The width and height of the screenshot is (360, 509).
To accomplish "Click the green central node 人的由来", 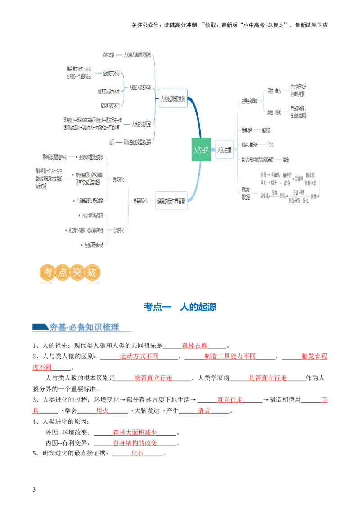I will (x=201, y=150).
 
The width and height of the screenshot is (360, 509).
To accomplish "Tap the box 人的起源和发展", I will (x=173, y=98).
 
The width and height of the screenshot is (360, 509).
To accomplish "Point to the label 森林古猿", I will (x=108, y=55).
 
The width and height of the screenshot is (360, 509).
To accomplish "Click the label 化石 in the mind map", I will (x=111, y=142).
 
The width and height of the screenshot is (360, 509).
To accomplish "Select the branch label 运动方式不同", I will (x=111, y=73).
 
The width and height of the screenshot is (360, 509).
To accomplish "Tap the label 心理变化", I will (x=119, y=230).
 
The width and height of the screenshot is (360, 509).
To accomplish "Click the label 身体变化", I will (x=119, y=179).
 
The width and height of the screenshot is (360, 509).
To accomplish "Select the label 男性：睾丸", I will (x=274, y=90).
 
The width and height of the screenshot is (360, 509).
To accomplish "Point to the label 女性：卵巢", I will (x=274, y=112).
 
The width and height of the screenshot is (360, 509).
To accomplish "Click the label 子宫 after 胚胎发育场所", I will (x=270, y=145).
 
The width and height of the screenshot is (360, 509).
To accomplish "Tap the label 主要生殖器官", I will (x=249, y=101).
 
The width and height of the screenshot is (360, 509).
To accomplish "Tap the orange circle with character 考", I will (x=48, y=272).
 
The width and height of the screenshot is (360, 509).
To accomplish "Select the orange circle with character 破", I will (x=92, y=272).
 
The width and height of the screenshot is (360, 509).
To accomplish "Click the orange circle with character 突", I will (x=77, y=272).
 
